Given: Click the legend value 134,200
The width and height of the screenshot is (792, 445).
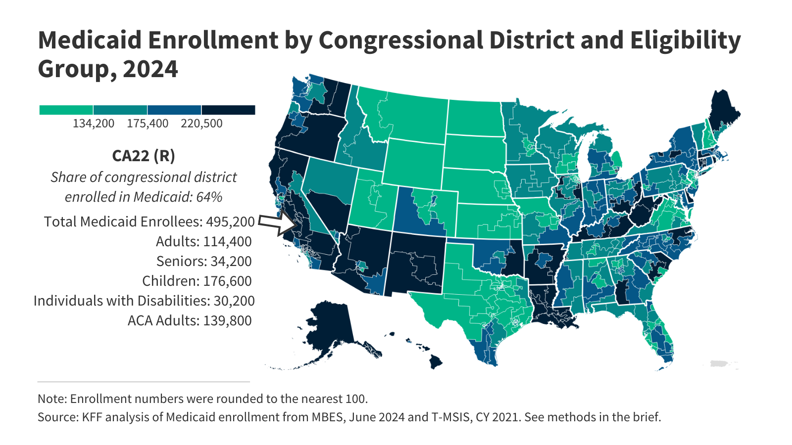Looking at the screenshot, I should click(x=94, y=123).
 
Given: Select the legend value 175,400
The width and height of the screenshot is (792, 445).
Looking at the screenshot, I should click(x=148, y=123).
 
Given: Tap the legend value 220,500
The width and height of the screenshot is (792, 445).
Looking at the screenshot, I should click(x=201, y=123).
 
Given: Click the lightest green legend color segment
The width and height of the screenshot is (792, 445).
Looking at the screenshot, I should click(x=66, y=110).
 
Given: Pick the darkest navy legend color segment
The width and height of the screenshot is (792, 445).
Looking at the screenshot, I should click(x=228, y=110).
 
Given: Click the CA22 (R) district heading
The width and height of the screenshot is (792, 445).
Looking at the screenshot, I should click(x=144, y=156).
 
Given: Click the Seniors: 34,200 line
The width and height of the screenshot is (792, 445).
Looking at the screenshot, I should click(x=204, y=261).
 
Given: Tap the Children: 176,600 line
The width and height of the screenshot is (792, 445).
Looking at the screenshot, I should click(x=197, y=281).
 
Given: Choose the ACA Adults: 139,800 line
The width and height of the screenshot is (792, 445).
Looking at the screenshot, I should click(x=190, y=320).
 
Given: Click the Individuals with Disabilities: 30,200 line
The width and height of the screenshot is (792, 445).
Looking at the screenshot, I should click(x=144, y=301).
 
